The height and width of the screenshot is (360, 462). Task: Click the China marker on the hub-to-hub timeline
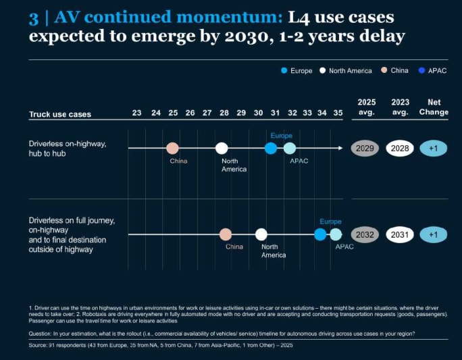(173, 148)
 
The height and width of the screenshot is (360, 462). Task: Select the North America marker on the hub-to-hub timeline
(222, 148)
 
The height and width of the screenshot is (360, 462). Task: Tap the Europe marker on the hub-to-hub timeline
(271, 148)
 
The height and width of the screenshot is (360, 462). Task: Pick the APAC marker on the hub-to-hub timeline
(289, 148)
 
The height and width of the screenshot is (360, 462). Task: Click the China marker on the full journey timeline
(226, 234)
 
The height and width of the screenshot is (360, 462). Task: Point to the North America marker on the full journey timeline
(261, 234)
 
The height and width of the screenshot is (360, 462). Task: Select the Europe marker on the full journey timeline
(320, 234)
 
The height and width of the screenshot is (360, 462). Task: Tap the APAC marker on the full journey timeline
(336, 234)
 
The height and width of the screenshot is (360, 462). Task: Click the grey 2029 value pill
(365, 149)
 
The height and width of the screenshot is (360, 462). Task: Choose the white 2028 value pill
(400, 149)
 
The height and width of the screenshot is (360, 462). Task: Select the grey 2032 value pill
(365, 235)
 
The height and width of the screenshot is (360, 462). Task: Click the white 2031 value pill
(400, 235)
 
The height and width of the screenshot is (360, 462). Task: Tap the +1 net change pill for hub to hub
(434, 149)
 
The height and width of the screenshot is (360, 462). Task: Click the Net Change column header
(434, 107)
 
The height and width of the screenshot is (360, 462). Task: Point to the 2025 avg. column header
(366, 107)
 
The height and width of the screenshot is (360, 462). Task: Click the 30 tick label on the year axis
(258, 113)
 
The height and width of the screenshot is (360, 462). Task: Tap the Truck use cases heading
(60, 114)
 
